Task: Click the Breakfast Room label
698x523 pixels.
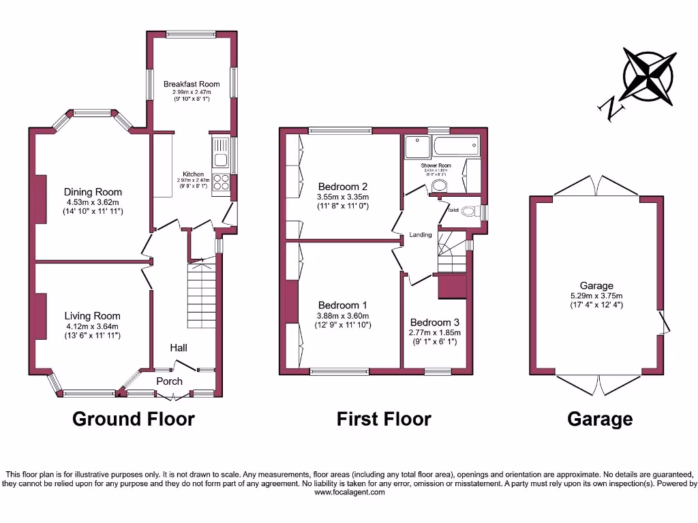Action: point(192,84)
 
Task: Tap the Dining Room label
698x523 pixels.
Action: point(93,192)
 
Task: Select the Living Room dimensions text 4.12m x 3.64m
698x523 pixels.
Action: point(93,326)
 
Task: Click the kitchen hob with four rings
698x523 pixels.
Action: point(222,183)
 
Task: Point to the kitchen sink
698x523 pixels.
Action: point(221,153)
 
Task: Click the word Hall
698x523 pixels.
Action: point(179,348)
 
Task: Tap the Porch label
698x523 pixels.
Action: point(170,381)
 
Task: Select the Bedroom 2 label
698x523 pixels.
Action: point(343,187)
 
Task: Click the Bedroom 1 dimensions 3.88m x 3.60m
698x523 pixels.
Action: point(343,315)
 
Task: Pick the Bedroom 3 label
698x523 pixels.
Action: point(434,322)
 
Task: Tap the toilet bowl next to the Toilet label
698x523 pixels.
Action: point(468,212)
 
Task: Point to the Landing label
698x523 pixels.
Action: point(421,235)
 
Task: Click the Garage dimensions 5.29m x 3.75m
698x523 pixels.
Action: point(596,296)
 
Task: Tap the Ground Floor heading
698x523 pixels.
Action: point(134,419)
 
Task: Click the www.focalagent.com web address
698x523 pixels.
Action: point(349,492)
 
